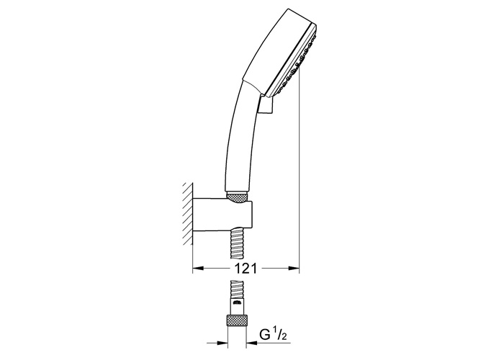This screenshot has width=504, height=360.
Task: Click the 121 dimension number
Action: (x=246, y=268)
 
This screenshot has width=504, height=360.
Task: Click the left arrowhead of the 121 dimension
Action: (x=198, y=268)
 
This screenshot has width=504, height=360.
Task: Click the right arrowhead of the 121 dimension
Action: (x=293, y=268)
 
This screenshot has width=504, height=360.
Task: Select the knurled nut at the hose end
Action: (x=237, y=320)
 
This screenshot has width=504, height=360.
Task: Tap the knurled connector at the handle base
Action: (x=237, y=197)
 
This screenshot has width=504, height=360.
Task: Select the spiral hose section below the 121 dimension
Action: (x=237, y=289)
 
